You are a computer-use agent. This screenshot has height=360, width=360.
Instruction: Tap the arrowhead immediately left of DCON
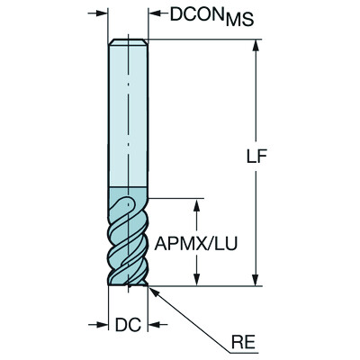(x=152, y=13)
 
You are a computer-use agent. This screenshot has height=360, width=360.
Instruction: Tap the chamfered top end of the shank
(x=127, y=41)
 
